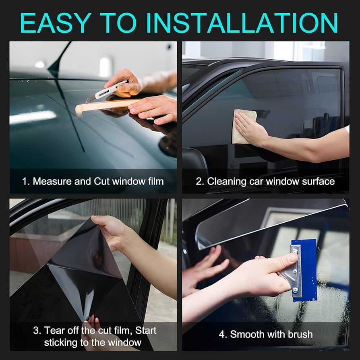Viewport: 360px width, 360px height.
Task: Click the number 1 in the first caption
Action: point(25,181)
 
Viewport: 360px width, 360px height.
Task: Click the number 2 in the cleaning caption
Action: point(199,181)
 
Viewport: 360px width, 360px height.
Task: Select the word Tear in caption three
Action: point(54,331)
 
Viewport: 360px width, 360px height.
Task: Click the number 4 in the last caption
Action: point(222,334)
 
